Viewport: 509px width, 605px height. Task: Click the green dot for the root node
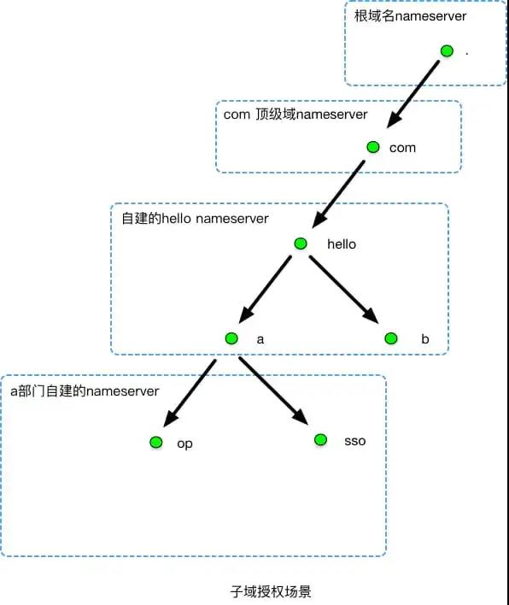[447, 51]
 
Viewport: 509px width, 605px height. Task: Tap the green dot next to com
[372, 147]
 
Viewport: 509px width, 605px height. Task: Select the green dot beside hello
[300, 244]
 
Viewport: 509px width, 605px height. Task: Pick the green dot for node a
[231, 338]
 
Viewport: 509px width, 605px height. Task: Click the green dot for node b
[390, 338]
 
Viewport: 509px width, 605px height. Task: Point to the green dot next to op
[155, 443]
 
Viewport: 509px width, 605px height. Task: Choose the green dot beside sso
[320, 439]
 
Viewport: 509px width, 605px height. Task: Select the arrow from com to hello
[340, 192]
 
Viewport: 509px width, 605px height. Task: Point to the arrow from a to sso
[273, 391]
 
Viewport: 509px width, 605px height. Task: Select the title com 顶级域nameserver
[295, 115]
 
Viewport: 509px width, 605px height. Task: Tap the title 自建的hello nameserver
[196, 219]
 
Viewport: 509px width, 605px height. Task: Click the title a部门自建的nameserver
[85, 391]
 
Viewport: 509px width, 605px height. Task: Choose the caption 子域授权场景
[254, 590]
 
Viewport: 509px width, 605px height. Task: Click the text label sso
[354, 441]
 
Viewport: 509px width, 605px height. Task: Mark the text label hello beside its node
[342, 244]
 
